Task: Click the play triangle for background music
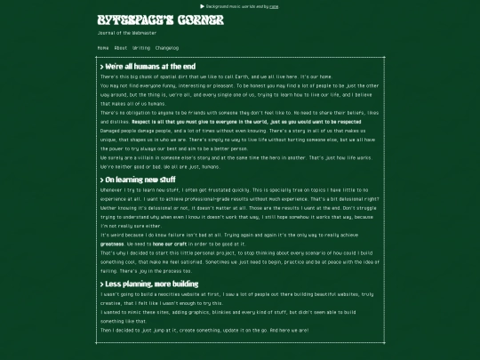203,5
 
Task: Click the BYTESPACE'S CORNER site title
148,19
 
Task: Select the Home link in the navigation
103,47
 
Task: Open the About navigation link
121,47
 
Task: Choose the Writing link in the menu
141,47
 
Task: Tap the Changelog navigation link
167,47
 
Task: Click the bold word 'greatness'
112,243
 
